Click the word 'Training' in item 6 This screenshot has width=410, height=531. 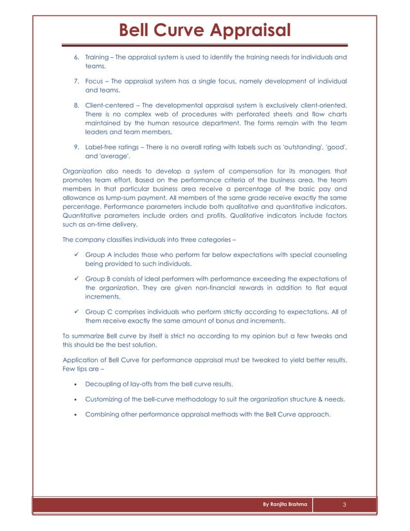[x=98, y=57]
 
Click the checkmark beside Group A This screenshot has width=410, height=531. [x=76, y=255]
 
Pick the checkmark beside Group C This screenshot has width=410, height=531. [x=76, y=312]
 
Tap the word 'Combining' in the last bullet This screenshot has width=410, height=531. [x=103, y=415]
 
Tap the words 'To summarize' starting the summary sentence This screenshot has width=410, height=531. [x=84, y=336]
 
